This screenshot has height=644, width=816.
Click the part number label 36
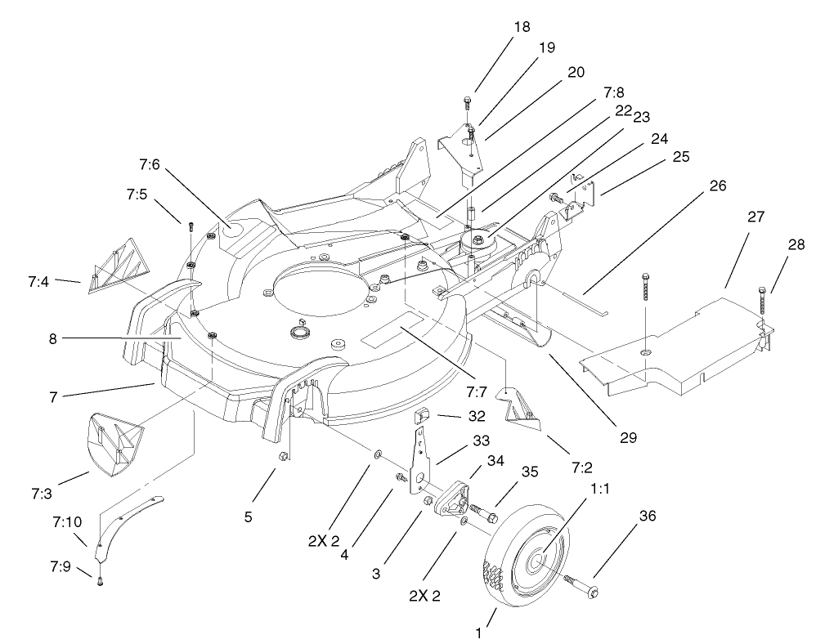pyautogui.click(x=647, y=516)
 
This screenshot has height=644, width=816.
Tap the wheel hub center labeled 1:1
pyautogui.click(x=539, y=560)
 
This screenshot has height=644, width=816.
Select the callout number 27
pyautogui.click(x=756, y=219)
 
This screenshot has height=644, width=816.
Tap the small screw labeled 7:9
pyautogui.click(x=99, y=580)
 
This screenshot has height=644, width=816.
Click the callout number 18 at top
pyautogui.click(x=521, y=28)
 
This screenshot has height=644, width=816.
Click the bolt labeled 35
pyautogui.click(x=492, y=517)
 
